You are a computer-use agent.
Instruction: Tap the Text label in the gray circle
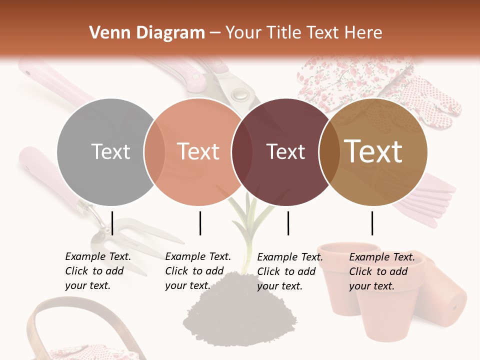tap(110, 151)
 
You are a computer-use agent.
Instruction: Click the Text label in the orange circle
tap(198, 151)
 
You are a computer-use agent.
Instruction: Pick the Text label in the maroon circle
tap(285, 151)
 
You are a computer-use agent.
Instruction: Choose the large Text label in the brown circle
tap(373, 151)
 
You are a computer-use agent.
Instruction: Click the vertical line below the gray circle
tap(112, 223)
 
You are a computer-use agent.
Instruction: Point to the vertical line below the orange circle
tap(200, 223)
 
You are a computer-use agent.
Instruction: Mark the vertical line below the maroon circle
tap(288, 223)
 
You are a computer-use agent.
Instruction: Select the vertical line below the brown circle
tap(372, 223)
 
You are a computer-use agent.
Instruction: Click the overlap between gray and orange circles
tap(154, 152)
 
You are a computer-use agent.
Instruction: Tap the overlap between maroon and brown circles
tap(329, 152)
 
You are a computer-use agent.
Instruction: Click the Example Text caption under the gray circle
tap(97, 271)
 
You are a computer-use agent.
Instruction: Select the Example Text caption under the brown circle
tap(381, 271)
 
